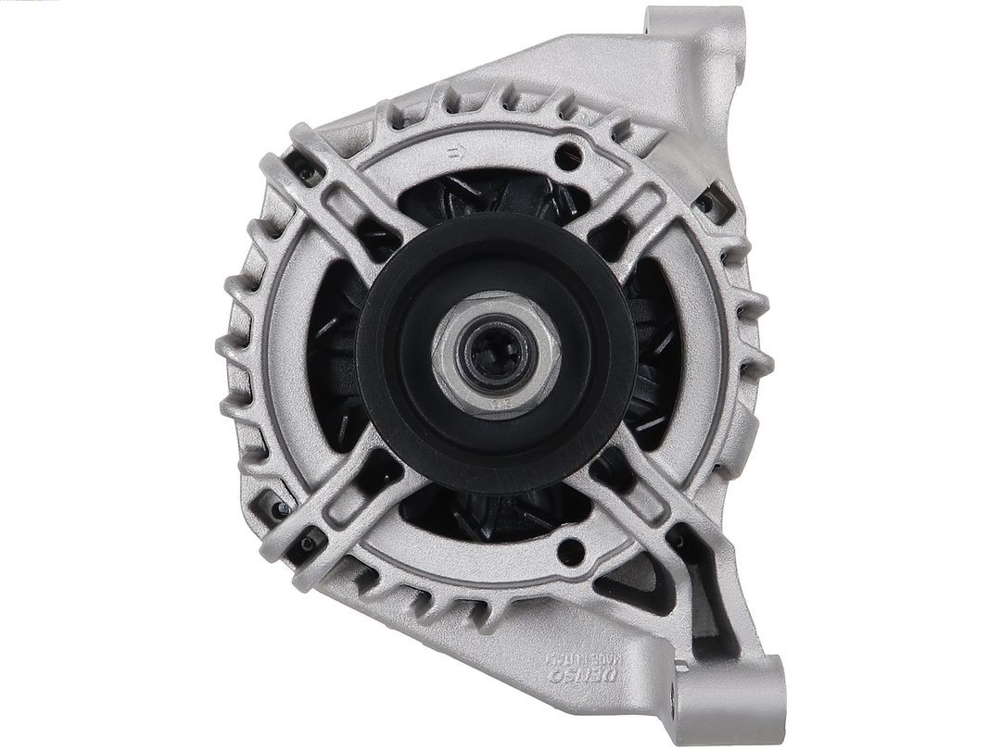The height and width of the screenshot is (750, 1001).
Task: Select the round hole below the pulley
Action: tap(573, 551)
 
